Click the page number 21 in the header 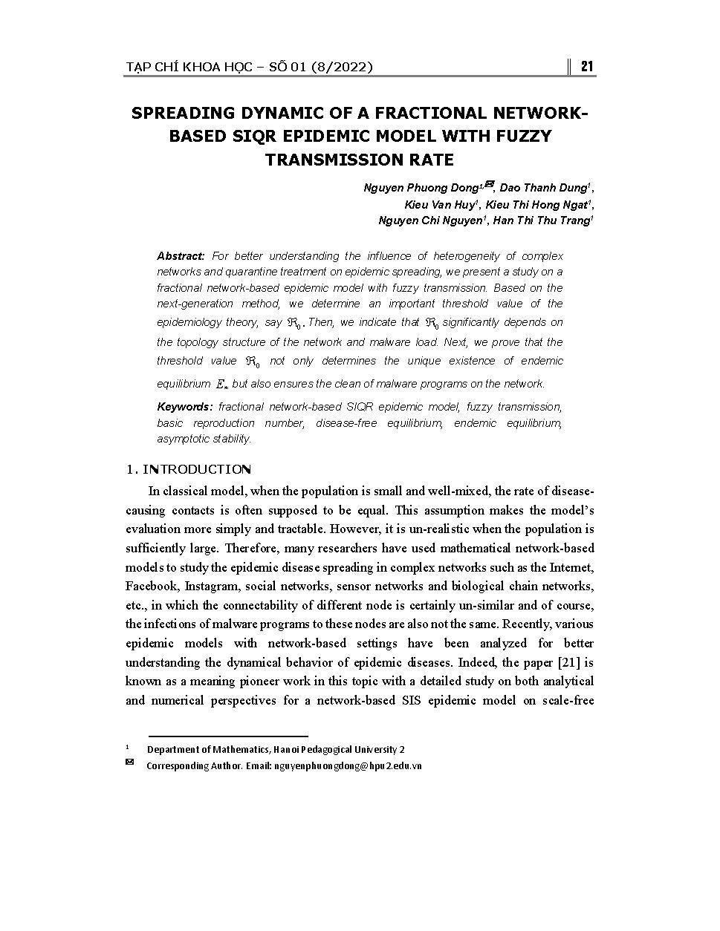pos(586,67)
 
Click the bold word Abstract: pos(181,256)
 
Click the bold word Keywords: pos(184,407)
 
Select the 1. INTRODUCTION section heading pos(189,469)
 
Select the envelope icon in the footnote pos(129,763)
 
